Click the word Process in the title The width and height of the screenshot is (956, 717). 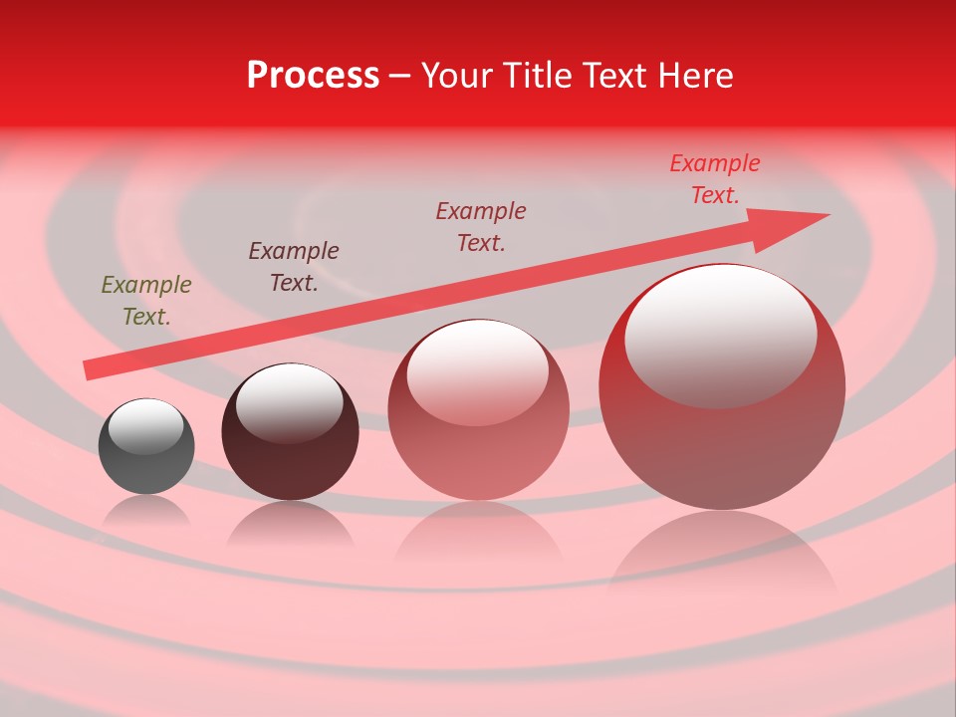tap(313, 76)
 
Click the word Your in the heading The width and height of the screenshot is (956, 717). tap(459, 76)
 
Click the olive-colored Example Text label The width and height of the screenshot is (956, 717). tap(146, 300)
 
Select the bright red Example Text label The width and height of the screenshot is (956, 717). tap(714, 179)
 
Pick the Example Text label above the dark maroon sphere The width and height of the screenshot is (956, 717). tap(294, 266)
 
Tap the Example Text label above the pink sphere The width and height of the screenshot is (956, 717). tap(481, 226)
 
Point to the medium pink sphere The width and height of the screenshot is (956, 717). tap(478, 438)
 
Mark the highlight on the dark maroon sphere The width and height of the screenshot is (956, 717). tap(289, 403)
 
